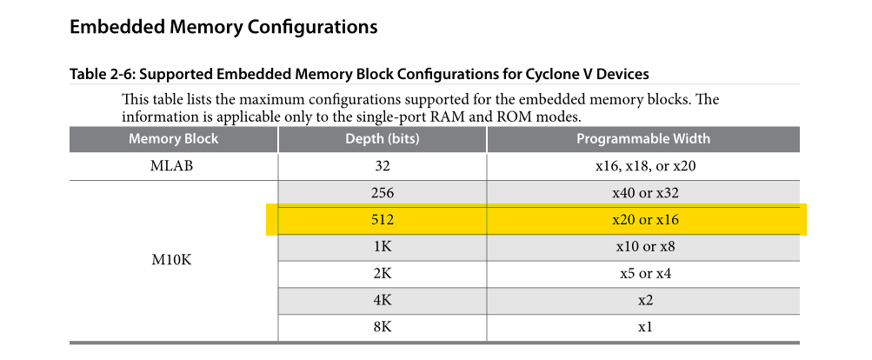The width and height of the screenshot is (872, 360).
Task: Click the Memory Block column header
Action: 174,138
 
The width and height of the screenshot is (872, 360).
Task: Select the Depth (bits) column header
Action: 382,138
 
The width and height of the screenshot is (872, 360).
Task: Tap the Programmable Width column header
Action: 642,138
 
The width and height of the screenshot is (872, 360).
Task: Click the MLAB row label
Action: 172,166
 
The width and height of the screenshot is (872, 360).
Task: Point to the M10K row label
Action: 172,260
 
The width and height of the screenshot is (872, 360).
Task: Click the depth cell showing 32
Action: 382,166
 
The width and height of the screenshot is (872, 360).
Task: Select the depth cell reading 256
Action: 382,193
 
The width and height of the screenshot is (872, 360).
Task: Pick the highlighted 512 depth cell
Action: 382,220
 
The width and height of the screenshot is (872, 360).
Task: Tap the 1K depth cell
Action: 382,246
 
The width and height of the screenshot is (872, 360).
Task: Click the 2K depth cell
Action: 382,274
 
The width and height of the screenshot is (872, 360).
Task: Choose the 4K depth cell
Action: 382,301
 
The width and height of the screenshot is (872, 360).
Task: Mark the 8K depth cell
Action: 382,327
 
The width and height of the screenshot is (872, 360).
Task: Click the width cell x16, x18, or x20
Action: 645,166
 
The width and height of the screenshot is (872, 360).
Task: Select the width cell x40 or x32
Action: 645,193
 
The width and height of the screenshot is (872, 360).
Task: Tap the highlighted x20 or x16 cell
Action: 645,220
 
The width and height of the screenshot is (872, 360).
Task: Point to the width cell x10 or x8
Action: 645,246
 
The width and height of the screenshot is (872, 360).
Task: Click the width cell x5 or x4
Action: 645,274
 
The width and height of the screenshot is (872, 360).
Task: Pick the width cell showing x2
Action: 645,301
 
